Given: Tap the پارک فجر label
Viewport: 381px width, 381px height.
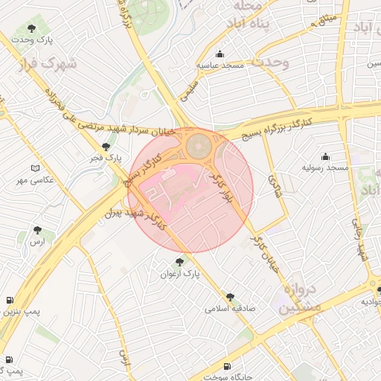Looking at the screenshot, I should [x=107, y=158].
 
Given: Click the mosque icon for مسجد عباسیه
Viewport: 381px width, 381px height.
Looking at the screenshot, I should [x=220, y=54].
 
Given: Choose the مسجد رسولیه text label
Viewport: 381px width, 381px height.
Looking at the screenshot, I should [x=325, y=168].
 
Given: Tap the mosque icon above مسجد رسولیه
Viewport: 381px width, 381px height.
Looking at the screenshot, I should [x=325, y=156].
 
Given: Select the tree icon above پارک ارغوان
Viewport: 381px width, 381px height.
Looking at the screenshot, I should [x=179, y=262].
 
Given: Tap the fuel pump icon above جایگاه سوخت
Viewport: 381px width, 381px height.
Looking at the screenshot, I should [x=227, y=366].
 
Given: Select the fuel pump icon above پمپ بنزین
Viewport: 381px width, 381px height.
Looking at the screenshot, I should [x=9, y=300].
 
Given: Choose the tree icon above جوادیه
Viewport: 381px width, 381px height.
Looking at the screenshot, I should [x=377, y=289].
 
